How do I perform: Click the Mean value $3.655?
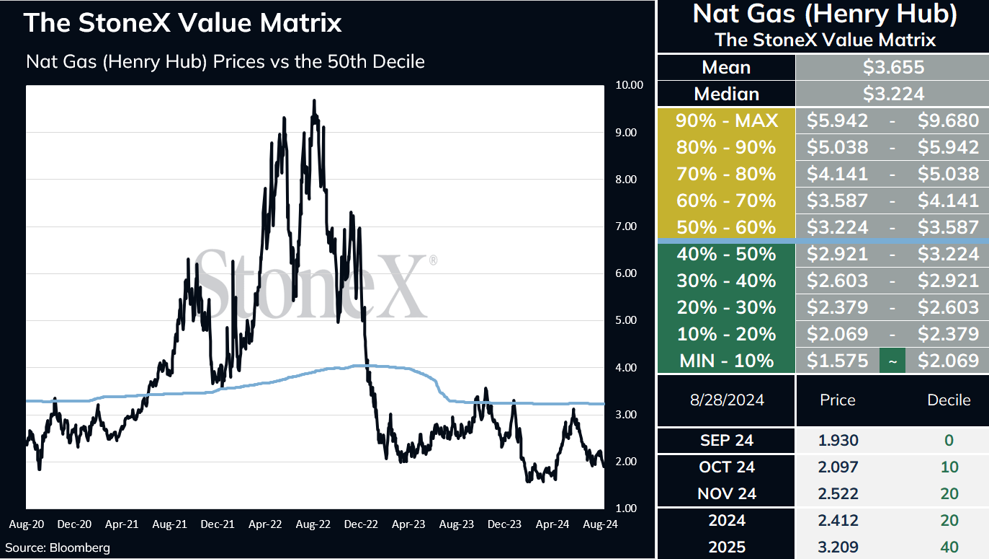tap(893, 68)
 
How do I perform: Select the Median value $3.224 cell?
tap(892, 94)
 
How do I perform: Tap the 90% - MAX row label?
tap(727, 120)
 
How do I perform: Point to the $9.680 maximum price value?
tap(949, 120)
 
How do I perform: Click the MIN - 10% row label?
tap(727, 361)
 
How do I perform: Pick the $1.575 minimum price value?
tap(837, 361)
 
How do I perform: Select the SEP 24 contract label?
tap(727, 441)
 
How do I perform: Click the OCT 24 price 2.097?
tap(838, 467)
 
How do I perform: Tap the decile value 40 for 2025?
tap(949, 547)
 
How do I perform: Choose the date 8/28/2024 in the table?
tap(727, 400)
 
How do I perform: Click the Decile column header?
tap(949, 400)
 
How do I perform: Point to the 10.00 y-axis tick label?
tap(629, 85)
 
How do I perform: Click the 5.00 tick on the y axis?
tap(626, 320)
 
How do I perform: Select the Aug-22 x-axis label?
tap(313, 524)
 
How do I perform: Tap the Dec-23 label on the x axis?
tap(504, 524)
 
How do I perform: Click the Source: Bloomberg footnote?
tap(58, 548)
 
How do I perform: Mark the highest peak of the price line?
tap(314, 100)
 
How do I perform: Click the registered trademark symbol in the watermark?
tap(433, 260)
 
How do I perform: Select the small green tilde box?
tap(892, 361)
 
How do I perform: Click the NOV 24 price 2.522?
tap(838, 494)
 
